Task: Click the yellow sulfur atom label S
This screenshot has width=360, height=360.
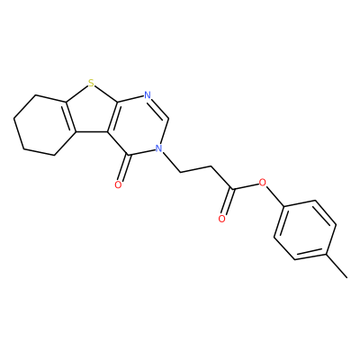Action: tap(91, 84)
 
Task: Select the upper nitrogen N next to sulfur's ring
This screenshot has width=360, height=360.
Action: tap(147, 95)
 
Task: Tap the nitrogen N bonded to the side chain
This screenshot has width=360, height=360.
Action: tap(158, 148)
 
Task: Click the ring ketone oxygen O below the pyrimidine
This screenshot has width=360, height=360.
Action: tap(118, 184)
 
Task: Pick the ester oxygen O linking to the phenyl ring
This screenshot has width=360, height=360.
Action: tap(263, 182)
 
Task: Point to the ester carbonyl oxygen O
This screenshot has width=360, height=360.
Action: tap(221, 219)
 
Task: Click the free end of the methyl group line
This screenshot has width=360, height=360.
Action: tap(347, 277)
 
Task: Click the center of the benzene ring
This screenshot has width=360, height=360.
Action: tap(305, 230)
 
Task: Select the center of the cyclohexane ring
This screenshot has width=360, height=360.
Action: tap(45, 125)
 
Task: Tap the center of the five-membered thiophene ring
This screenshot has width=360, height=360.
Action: tap(89, 112)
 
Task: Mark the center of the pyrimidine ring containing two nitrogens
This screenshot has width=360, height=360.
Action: tap(138, 126)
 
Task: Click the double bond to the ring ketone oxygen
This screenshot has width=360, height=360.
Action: tap(124, 168)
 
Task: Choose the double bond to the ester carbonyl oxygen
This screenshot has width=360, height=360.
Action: tap(228, 202)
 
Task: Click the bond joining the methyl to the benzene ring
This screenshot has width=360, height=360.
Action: tap(337, 266)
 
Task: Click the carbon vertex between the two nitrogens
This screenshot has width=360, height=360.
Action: tap(168, 118)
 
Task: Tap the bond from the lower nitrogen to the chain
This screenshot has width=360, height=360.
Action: tap(171, 162)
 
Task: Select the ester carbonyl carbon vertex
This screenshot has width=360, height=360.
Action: tap(232, 189)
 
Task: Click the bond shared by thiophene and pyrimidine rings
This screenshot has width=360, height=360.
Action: tap(112, 117)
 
